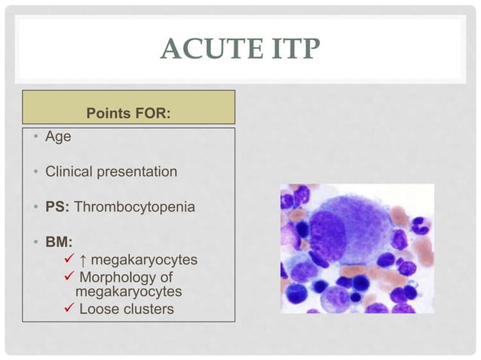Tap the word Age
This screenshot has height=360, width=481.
(x=58, y=139)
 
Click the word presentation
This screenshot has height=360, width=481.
(x=136, y=172)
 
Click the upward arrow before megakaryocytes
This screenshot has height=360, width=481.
(x=82, y=260)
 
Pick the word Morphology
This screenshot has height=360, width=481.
(x=120, y=277)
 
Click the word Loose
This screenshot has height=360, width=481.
(x=97, y=308)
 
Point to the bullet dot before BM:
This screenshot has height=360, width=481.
(x=35, y=243)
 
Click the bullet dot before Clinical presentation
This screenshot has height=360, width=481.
(x=35, y=172)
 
